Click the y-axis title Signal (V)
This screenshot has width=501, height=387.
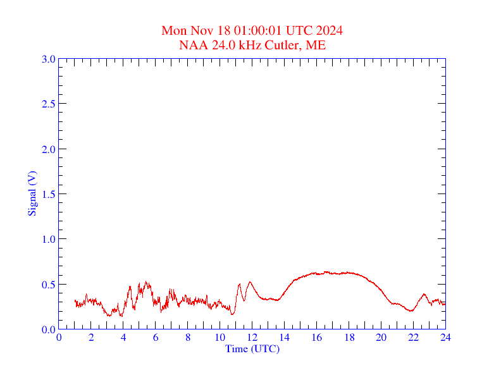[32, 193]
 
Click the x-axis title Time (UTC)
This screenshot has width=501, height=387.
[252, 348]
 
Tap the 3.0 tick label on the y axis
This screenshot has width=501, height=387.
[48, 59]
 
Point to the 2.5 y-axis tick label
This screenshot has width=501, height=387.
[48, 104]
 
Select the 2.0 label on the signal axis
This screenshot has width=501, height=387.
[48, 149]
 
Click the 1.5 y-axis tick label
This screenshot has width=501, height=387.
[48, 194]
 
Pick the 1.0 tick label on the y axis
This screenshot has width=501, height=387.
[48, 239]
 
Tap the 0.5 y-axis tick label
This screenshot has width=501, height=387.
[48, 285]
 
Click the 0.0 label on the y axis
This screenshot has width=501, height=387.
[48, 329]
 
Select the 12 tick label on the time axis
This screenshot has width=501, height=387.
[252, 338]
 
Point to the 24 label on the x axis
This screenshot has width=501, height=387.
[445, 338]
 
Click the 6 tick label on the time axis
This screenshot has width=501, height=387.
[156, 338]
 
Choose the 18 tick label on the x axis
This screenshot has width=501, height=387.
[349, 338]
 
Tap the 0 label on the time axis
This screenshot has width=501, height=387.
[59, 338]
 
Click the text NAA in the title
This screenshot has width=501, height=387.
[191, 46]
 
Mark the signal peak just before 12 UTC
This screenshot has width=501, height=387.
[250, 281]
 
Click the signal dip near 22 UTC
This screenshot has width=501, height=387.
[411, 311]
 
